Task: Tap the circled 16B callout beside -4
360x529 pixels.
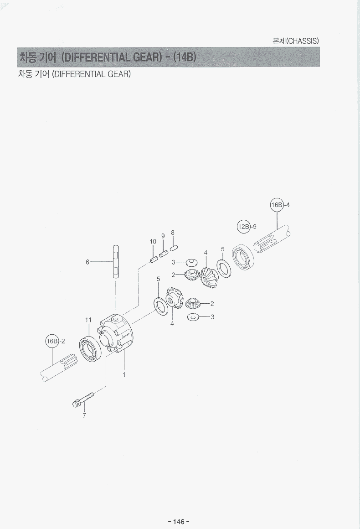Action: [277, 205]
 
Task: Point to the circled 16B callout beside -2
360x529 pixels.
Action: [52, 341]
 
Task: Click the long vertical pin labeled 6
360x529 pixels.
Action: [116, 261]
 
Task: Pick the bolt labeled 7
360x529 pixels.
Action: [82, 399]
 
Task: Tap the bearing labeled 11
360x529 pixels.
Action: [89, 349]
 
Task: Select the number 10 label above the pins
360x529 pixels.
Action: [153, 242]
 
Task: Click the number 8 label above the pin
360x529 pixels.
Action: [173, 233]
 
